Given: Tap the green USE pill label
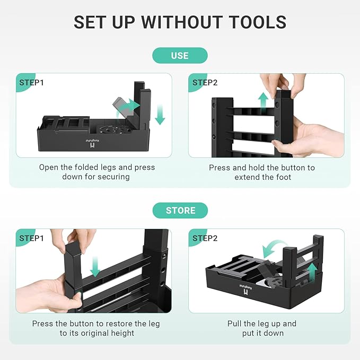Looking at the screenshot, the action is (x=180, y=55).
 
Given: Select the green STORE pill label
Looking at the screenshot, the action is (x=180, y=210).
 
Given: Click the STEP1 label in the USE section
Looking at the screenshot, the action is (x=31, y=83).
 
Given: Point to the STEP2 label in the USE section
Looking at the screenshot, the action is (x=205, y=83).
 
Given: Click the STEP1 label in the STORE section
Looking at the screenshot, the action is (x=31, y=238).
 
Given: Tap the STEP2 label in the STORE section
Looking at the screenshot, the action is (x=205, y=238).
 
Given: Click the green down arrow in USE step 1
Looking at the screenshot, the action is (x=160, y=115).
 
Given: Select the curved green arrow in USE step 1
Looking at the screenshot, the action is (x=128, y=108).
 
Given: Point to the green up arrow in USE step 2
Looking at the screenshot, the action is (x=263, y=101).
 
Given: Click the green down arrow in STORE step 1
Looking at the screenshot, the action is (x=95, y=267).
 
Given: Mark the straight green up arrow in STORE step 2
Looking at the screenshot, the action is (x=312, y=273).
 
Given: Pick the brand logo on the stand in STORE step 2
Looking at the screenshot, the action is (x=245, y=289).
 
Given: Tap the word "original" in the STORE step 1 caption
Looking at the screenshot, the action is (x=89, y=333).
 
